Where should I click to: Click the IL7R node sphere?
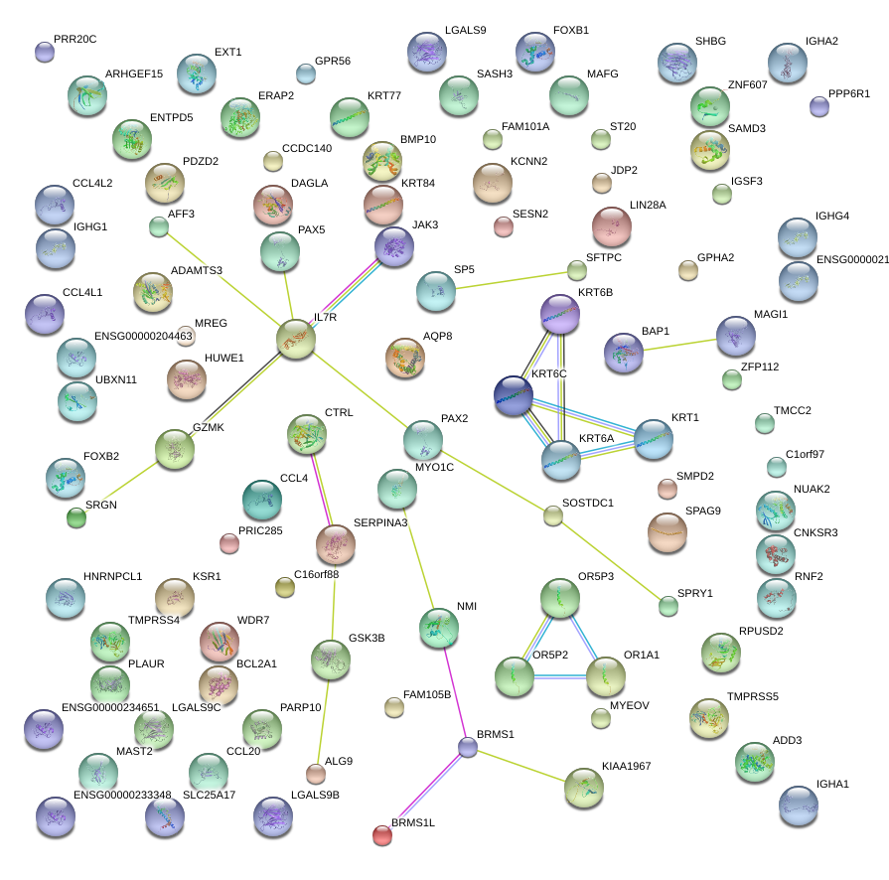coord(296,339)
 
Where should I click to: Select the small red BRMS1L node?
coord(382,835)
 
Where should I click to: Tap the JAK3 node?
coord(394,246)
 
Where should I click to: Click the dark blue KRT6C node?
coord(514,395)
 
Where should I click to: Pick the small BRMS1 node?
coord(468,748)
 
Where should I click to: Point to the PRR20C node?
coord(45,52)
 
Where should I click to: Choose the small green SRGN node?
coord(76,516)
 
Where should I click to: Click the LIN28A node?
coord(612,226)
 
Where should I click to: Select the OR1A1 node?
coord(605,676)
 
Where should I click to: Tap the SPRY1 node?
coord(668,606)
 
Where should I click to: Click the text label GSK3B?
coord(366,638)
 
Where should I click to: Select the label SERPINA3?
coord(380,522)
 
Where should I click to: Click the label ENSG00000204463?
coord(143,337)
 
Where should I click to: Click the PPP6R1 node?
coord(818,107)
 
